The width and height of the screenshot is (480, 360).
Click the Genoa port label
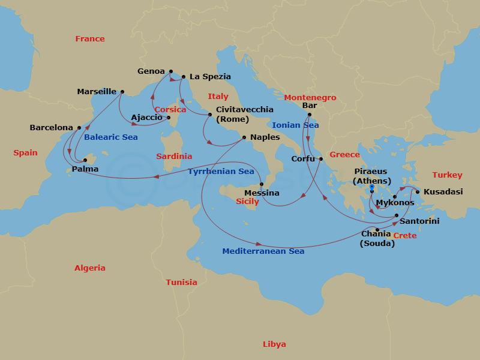click(151, 71)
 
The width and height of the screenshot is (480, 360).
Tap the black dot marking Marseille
click(122, 92)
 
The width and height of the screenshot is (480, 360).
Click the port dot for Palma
click(85, 160)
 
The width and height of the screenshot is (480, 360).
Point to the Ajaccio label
click(146, 118)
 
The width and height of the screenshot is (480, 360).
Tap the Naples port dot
click(244, 137)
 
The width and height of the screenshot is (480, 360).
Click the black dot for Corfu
click(321, 159)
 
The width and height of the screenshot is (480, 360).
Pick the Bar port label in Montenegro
click(310, 106)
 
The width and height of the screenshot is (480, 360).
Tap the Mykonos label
click(394, 203)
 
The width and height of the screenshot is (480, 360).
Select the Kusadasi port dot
click(418, 192)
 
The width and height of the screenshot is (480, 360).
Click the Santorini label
click(419, 221)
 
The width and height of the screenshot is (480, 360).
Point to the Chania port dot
click(377, 230)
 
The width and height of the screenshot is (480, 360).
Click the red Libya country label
click(274, 344)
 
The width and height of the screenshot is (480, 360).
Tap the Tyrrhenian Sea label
click(221, 172)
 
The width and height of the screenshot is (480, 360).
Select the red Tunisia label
click(181, 282)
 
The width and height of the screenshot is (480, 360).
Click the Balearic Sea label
click(111, 137)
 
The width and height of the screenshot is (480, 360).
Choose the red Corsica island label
click(170, 110)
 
